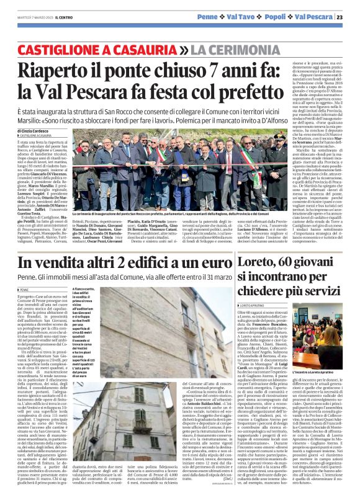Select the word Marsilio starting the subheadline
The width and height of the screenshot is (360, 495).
click(30, 120)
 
